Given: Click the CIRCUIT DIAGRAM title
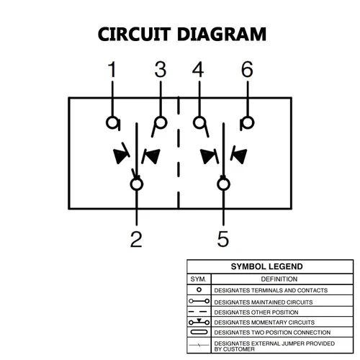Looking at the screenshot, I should point(181,34).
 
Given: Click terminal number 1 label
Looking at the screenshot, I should point(112,70).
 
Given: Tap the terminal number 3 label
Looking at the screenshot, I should point(161,70).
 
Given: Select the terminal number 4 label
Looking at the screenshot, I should point(198,70).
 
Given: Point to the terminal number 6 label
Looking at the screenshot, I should point(247,70).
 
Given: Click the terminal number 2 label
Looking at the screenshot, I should point(136,238).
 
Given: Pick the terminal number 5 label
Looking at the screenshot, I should point(223,238).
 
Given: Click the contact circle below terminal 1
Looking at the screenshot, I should point(112,122).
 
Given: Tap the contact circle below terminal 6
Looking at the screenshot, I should point(246,122).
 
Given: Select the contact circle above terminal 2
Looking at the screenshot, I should point(137,185).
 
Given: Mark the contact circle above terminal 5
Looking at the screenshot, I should point(223,185).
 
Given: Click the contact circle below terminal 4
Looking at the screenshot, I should point(199,122).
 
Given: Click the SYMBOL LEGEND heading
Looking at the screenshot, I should point(266,266).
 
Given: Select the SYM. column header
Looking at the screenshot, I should point(198,278).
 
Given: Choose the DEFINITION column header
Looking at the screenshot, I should point(279,278).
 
